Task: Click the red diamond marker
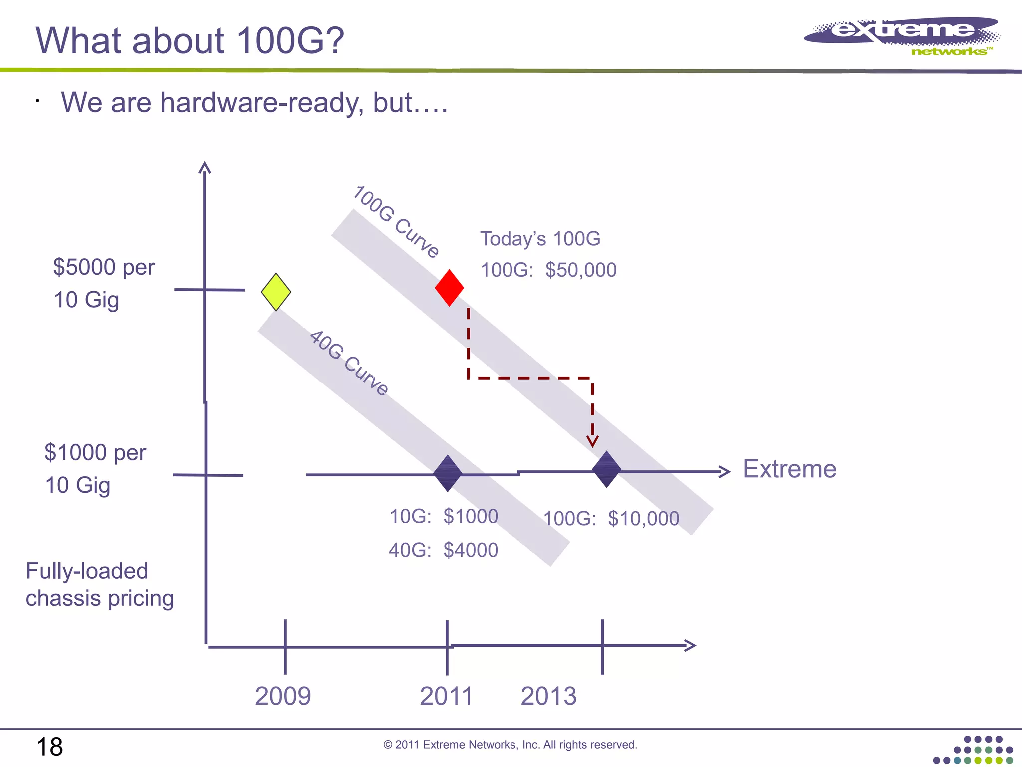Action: [449, 288]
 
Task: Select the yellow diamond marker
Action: [276, 292]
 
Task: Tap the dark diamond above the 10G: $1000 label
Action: [448, 473]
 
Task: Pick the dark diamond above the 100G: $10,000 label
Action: [606, 470]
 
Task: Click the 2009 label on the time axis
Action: [283, 696]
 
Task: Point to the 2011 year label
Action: [446, 696]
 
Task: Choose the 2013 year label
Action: [548, 696]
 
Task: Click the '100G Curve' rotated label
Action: [396, 222]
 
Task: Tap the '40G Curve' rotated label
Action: [349, 363]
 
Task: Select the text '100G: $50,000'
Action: [548, 270]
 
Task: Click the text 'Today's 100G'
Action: [540, 239]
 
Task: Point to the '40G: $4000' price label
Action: [443, 550]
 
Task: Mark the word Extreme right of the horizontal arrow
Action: [789, 469]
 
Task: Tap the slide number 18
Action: [49, 747]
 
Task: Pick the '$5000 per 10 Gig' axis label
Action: [104, 283]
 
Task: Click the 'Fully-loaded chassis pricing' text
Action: [99, 585]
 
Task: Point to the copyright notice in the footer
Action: [510, 745]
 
